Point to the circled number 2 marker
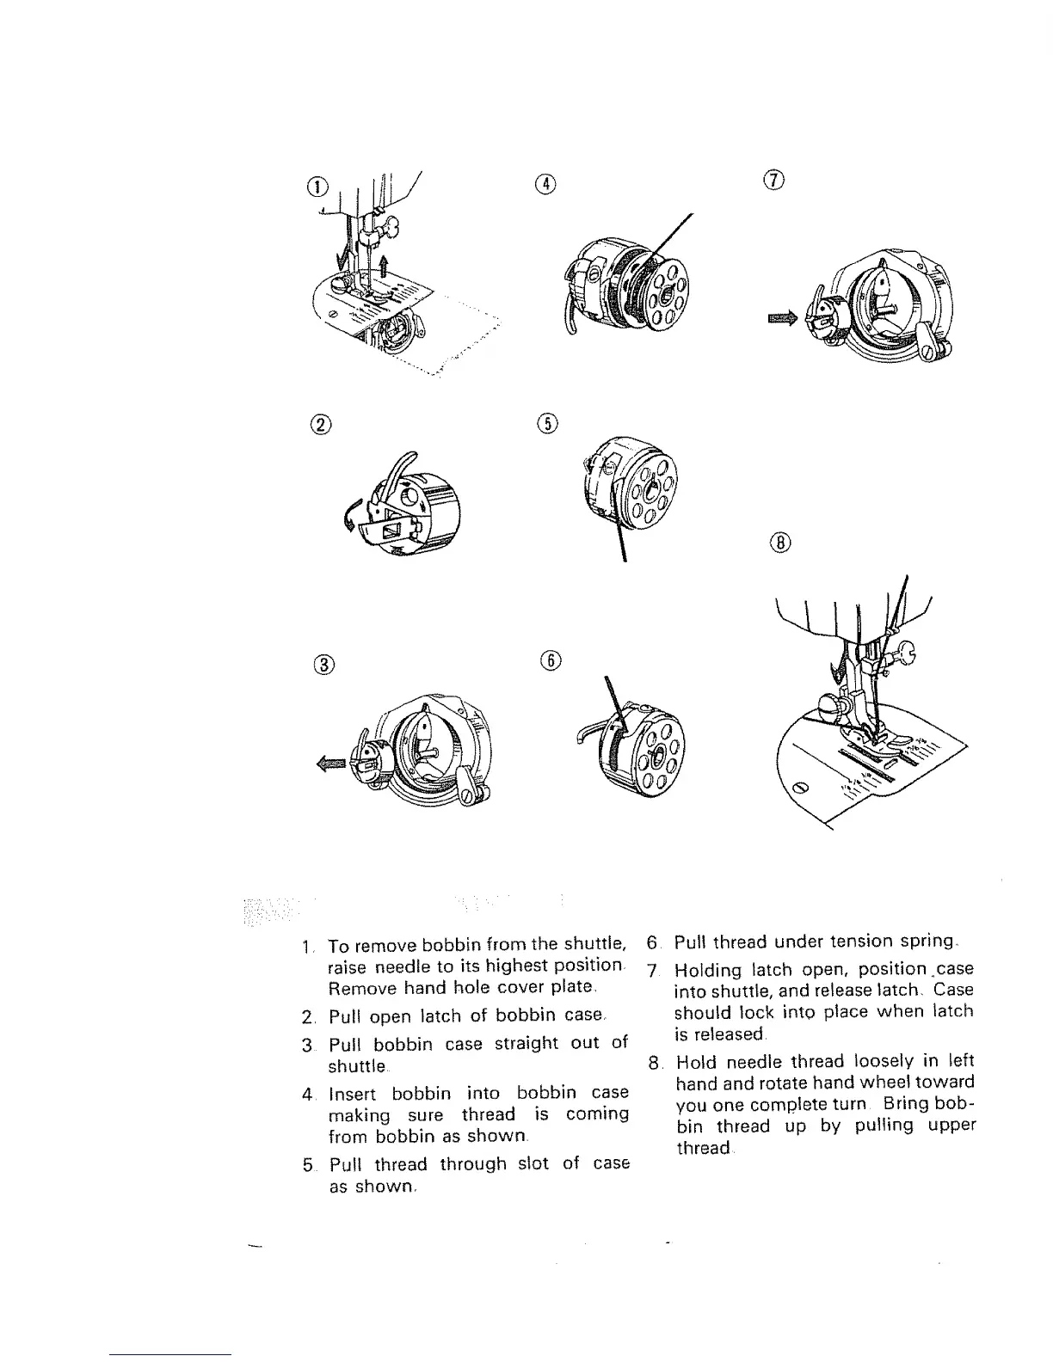320,424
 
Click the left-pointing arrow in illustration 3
332,763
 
